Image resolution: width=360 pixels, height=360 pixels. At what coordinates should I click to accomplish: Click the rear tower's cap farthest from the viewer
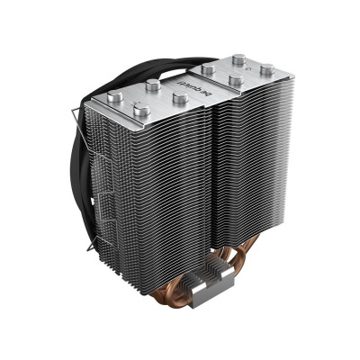click(238, 60)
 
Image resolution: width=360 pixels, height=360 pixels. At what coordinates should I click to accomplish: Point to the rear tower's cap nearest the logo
click(234, 80)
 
